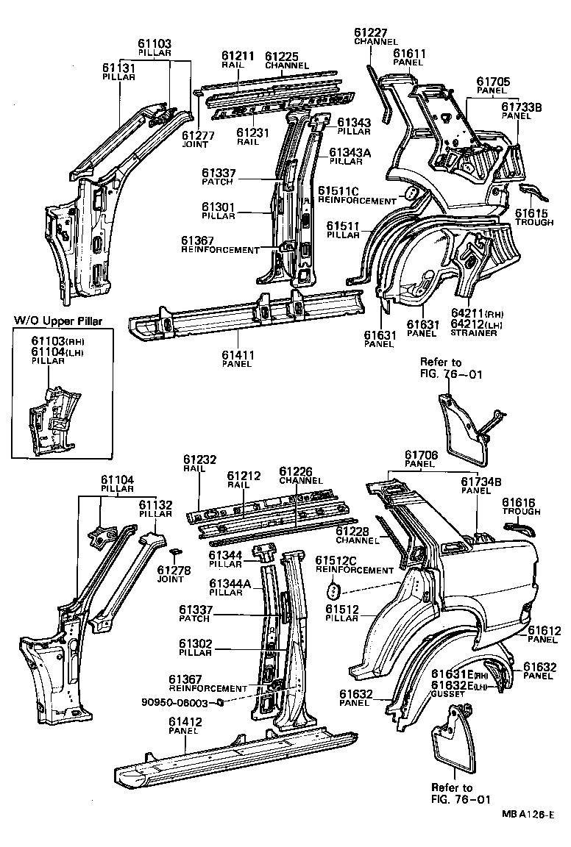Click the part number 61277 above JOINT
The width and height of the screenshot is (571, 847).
[x=198, y=135]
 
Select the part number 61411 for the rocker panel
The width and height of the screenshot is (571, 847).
[x=238, y=356]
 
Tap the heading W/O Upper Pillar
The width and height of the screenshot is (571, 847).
[x=58, y=321]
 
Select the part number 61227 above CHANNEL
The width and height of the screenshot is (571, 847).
[x=371, y=32]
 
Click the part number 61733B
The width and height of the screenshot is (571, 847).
[x=521, y=107]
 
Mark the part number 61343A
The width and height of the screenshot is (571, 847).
[x=350, y=152]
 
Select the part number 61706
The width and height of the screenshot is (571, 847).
[x=422, y=455]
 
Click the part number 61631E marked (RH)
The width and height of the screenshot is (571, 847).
[x=449, y=674]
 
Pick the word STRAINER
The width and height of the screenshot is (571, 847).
[x=473, y=333]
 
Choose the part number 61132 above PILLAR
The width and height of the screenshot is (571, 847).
[x=155, y=504]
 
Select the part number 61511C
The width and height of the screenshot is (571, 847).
[x=338, y=191]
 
